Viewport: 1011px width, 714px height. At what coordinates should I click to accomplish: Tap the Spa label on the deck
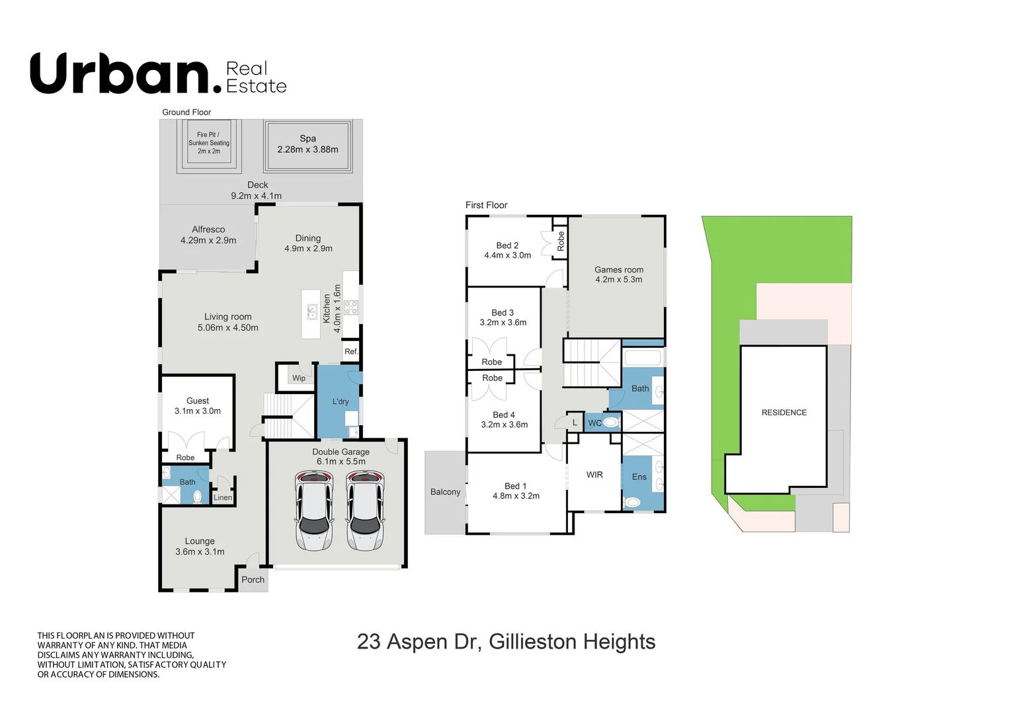pyautogui.click(x=307, y=139)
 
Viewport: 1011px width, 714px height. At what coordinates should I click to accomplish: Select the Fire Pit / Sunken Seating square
pyautogui.click(x=209, y=143)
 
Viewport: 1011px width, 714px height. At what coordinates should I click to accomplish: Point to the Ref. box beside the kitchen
pyautogui.click(x=351, y=352)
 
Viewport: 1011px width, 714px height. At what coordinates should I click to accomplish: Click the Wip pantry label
pyautogui.click(x=299, y=378)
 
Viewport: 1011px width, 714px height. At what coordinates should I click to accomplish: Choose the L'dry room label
pyautogui.click(x=341, y=401)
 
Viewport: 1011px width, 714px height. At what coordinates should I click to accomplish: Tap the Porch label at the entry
pyautogui.click(x=253, y=580)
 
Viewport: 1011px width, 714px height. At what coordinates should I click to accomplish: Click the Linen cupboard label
pyautogui.click(x=223, y=498)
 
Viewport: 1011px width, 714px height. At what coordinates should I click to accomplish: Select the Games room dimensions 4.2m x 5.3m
pyautogui.click(x=618, y=280)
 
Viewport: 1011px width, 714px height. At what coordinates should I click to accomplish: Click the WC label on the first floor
pyautogui.click(x=594, y=423)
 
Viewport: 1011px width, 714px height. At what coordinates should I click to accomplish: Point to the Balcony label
pyautogui.click(x=445, y=492)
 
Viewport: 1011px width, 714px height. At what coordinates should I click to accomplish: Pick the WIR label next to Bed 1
pyautogui.click(x=594, y=475)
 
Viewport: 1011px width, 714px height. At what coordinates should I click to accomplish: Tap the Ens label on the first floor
pyautogui.click(x=639, y=477)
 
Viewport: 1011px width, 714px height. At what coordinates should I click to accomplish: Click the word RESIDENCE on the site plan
pyautogui.click(x=784, y=413)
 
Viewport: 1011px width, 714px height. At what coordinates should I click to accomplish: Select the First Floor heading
pyautogui.click(x=486, y=205)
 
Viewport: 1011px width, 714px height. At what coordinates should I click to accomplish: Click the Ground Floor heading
pyautogui.click(x=186, y=112)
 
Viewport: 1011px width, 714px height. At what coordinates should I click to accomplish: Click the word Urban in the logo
pyautogui.click(x=119, y=74)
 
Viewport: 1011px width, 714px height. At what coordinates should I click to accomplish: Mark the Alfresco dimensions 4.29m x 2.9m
pyautogui.click(x=208, y=241)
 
